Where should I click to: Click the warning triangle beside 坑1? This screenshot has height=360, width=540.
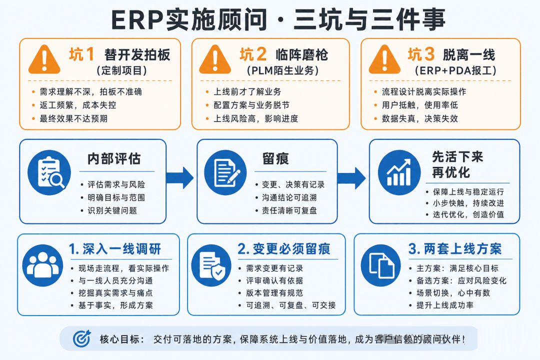[x=44, y=60]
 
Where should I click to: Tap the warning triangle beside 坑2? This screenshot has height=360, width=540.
[x=215, y=60]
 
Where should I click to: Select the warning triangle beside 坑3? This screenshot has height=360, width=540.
[x=384, y=60]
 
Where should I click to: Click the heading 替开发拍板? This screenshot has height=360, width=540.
[x=137, y=55]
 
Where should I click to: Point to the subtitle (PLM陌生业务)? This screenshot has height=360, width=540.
[x=282, y=70]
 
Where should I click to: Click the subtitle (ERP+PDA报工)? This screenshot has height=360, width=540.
[x=455, y=70]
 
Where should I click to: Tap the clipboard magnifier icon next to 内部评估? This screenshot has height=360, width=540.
[x=49, y=172]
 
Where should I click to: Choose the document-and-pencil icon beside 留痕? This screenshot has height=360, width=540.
[x=225, y=172]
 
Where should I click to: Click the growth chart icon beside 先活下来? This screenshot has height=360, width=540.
[x=399, y=172]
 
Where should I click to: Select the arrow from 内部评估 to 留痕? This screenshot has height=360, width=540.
[x=179, y=178]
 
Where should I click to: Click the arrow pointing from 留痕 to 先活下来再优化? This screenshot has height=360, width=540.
[x=351, y=178]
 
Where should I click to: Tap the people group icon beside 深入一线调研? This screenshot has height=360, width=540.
[x=42, y=265]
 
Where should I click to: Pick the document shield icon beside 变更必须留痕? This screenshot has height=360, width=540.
[x=211, y=265]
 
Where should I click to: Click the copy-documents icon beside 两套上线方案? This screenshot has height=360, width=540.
[x=381, y=265]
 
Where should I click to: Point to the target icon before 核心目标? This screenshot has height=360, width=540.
[x=82, y=338]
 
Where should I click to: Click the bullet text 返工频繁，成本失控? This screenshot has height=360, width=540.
[x=78, y=105]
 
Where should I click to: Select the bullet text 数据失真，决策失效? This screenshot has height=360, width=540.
[x=420, y=118]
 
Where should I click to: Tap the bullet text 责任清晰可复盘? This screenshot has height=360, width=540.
[x=289, y=210]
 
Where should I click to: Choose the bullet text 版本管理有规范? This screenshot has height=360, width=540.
[x=274, y=293]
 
